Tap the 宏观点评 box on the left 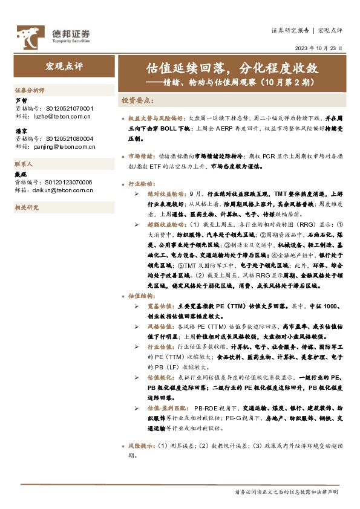click(64, 65)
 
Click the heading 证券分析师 click(30, 89)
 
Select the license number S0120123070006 click(69, 181)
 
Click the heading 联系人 click(24, 164)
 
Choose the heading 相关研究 click(26, 207)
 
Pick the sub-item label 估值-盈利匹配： click(168, 409)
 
